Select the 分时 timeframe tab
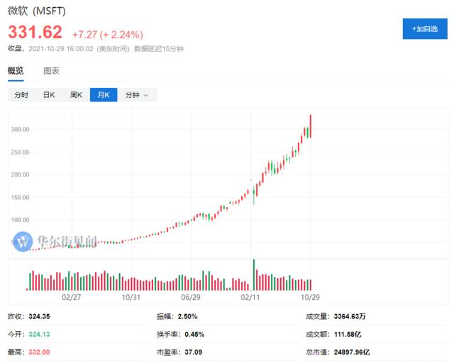tap(21, 95)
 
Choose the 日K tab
tap(48, 95)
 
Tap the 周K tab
tap(76, 95)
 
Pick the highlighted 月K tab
tap(104, 95)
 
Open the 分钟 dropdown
tap(137, 95)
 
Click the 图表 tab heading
tap(52, 71)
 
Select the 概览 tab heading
tap(16, 71)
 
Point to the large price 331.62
tap(35, 33)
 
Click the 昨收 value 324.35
tap(41, 315)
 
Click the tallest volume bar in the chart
tap(253, 275)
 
